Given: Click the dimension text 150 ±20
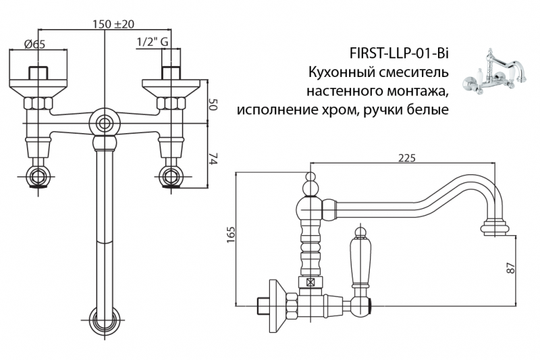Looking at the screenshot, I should pyautogui.click(x=113, y=24).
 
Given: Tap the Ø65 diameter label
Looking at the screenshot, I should pyautogui.click(x=34, y=44).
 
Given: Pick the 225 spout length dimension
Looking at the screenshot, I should pyautogui.click(x=406, y=157).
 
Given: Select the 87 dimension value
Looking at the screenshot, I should pyautogui.click(x=512, y=267).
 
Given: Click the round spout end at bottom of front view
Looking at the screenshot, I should pyautogui.click(x=105, y=317).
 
